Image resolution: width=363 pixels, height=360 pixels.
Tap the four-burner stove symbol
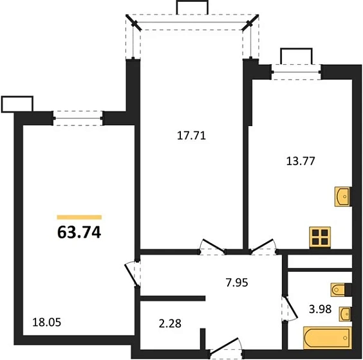tap(320, 237)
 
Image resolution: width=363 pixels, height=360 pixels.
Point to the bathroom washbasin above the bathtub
tap(346, 314)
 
